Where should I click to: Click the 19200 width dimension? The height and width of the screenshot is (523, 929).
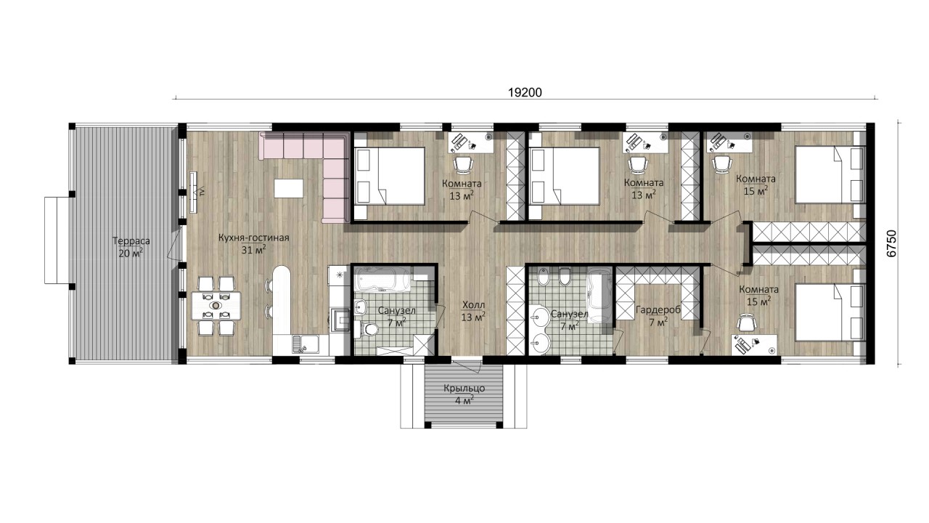click(525, 92)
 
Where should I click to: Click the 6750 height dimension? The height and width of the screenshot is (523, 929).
click(891, 243)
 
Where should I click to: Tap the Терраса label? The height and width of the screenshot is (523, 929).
click(131, 241)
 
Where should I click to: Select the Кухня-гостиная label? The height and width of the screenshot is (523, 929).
click(253, 238)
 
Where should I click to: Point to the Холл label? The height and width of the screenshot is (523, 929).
click(473, 306)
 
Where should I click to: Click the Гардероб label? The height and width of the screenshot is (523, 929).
click(658, 310)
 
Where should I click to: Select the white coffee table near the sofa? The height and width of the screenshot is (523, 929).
click(288, 188)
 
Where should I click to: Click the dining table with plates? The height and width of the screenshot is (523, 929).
click(216, 306)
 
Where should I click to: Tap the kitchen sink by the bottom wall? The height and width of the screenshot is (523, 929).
click(306, 344)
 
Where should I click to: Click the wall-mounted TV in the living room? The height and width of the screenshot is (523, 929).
click(194, 192)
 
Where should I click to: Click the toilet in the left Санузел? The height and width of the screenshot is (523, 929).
click(367, 329)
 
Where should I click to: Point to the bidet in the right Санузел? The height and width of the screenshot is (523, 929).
click(542, 276)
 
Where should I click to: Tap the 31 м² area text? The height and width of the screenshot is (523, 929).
click(253, 250)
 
